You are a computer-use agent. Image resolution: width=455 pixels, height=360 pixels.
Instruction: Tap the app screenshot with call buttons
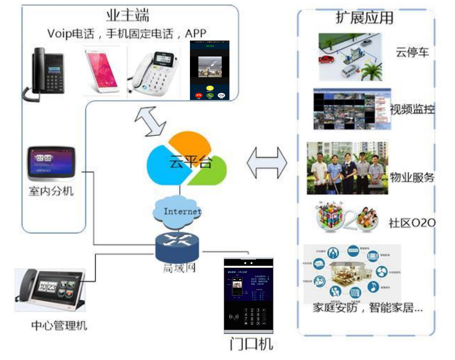210,70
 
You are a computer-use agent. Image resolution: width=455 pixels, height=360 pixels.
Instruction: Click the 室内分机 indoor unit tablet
52,163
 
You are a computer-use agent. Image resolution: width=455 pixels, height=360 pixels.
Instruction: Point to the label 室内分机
51,191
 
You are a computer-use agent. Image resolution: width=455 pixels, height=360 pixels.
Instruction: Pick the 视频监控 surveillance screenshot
352,109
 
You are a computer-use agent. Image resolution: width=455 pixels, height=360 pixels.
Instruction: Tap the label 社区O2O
412,223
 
